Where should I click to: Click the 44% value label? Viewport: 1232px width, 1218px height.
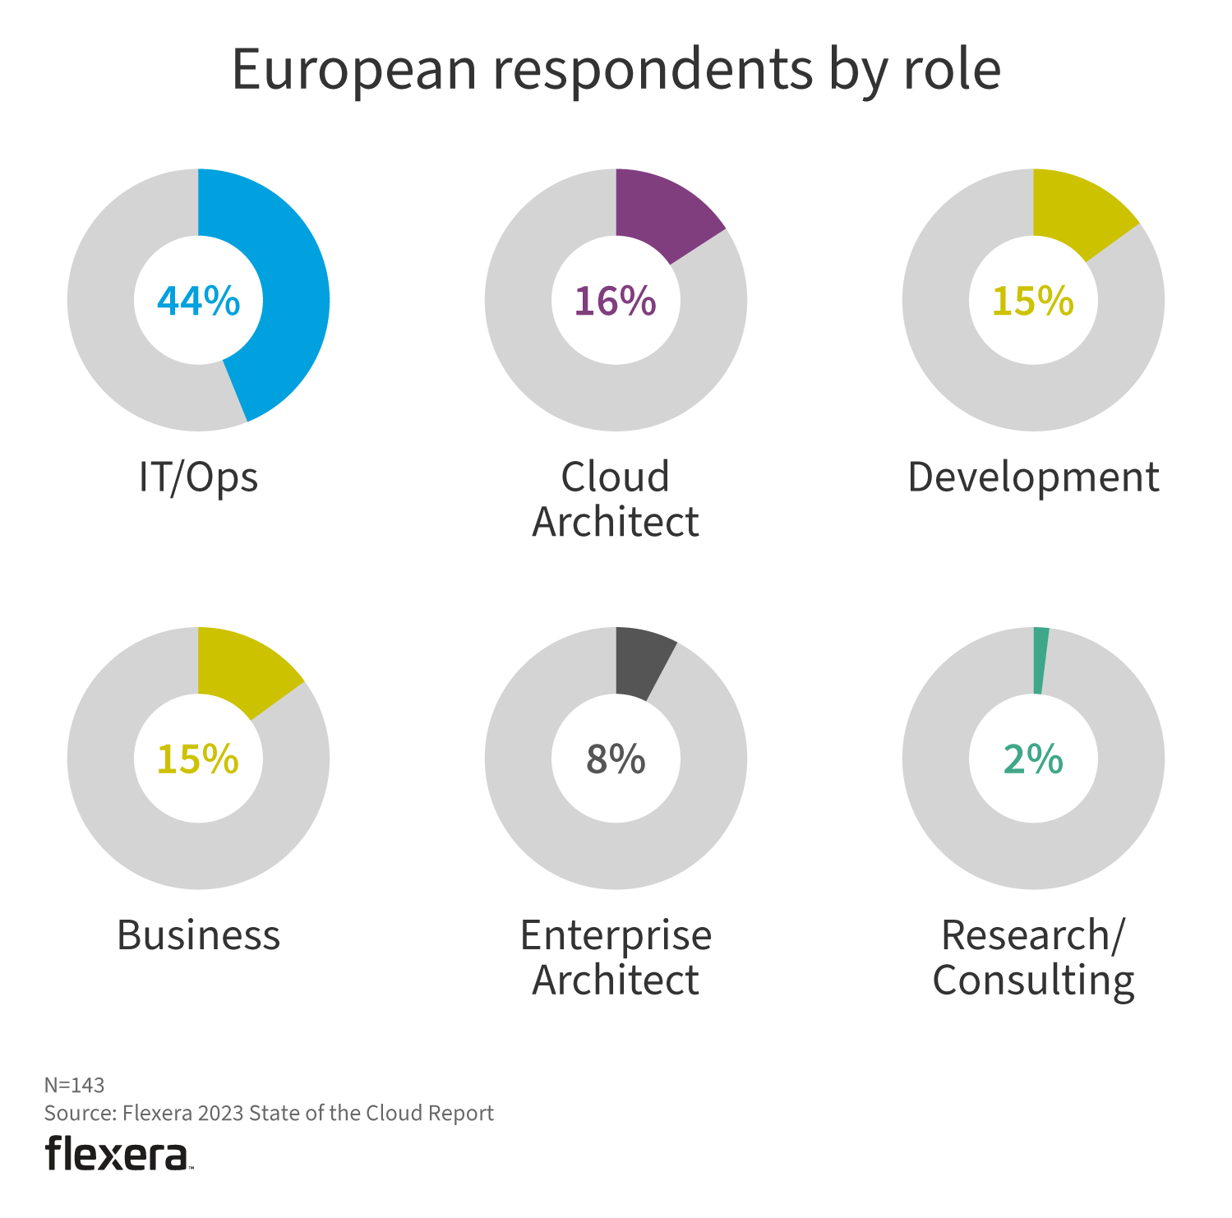tap(198, 301)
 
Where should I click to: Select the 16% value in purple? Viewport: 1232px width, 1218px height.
tap(615, 301)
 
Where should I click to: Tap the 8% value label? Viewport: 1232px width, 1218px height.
tap(615, 759)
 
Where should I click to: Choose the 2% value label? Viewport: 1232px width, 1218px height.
tap(1033, 759)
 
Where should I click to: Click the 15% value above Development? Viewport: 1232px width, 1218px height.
tap(1032, 301)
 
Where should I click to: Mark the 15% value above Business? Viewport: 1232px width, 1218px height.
tap(197, 759)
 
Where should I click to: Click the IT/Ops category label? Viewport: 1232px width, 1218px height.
tap(198, 478)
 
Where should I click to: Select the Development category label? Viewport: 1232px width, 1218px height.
tap(1033, 478)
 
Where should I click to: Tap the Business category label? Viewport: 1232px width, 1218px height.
tap(198, 935)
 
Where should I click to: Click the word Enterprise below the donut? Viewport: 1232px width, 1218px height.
tap(616, 935)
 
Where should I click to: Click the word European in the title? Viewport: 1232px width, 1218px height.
tap(354, 69)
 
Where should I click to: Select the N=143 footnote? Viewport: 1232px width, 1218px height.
tap(74, 1085)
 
